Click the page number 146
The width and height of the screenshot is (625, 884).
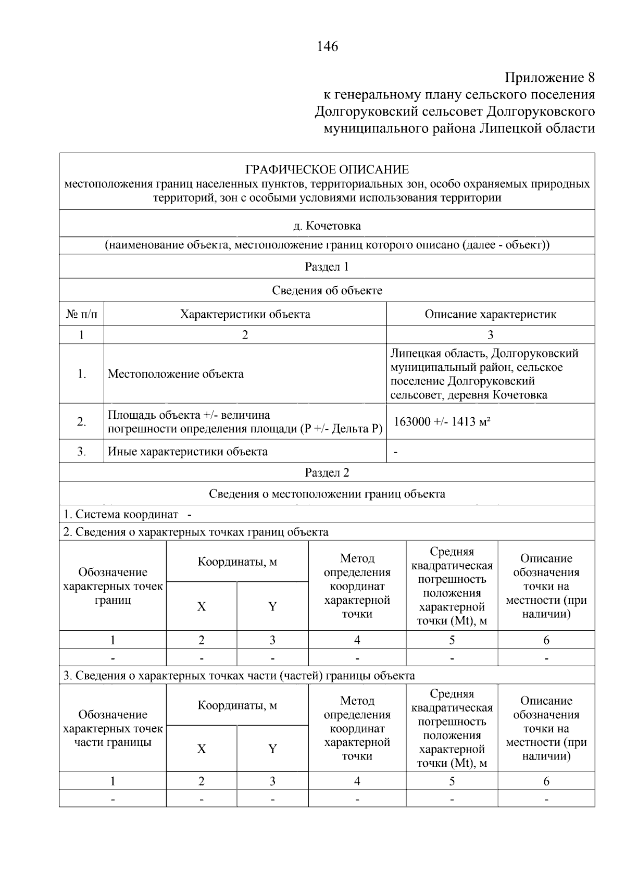tap(327, 46)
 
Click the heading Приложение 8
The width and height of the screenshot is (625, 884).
tap(549, 78)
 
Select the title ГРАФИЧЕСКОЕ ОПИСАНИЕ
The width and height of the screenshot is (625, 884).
tap(327, 170)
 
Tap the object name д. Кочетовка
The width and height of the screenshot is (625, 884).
tap(327, 226)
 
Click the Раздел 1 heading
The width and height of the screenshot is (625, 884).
tap(327, 267)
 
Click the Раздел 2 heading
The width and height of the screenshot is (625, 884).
tap(327, 472)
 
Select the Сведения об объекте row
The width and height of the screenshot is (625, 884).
tap(327, 291)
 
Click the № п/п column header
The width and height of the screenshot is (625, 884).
tap(82, 314)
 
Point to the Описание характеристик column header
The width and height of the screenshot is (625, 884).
tap(490, 314)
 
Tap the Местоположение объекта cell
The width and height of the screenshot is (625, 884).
tap(176, 374)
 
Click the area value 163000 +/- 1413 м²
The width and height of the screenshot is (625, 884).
tap(442, 421)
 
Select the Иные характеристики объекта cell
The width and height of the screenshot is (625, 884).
tap(187, 452)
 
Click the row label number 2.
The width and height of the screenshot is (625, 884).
tap(82, 421)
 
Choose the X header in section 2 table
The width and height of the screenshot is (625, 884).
tap(202, 607)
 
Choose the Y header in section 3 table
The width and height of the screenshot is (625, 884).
tap(272, 749)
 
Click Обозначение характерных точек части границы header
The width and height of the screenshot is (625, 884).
tap(113, 728)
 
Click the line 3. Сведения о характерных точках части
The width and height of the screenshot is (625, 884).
tap(239, 676)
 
